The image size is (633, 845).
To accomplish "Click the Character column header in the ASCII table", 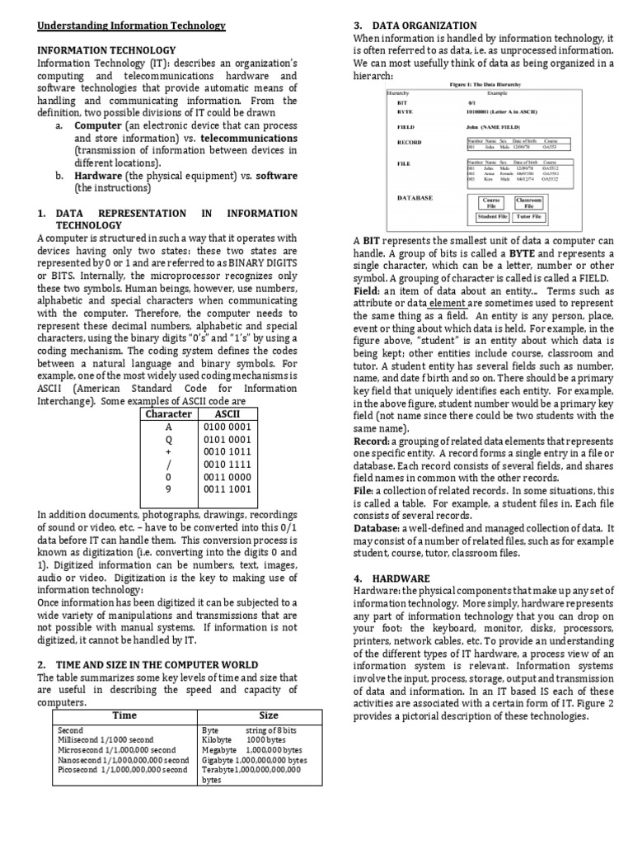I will (x=168, y=413).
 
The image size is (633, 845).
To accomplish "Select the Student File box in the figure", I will (x=493, y=216).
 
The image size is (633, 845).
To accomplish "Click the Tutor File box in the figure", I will (x=529, y=216).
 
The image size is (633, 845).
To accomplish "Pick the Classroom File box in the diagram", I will (x=528, y=202).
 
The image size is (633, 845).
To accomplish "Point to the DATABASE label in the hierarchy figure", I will (x=415, y=198).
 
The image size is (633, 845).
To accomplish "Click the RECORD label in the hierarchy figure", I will (x=409, y=142).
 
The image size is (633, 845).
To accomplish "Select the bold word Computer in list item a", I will (x=98, y=125).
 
